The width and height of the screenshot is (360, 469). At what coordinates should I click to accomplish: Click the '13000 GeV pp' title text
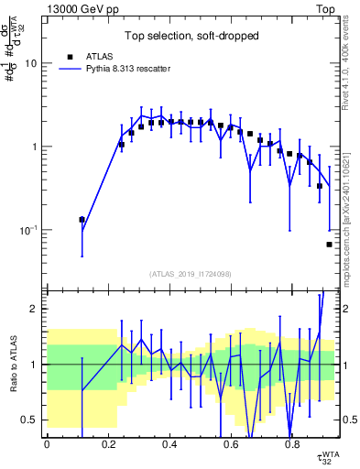tap(83, 7)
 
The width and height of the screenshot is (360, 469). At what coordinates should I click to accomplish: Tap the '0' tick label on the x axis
tap(47, 443)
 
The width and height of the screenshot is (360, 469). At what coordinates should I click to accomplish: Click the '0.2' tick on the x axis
tap(107, 443)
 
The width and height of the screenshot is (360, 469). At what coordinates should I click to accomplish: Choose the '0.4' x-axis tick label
tap(169, 443)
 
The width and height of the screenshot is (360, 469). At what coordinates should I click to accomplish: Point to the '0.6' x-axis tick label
tap(230, 443)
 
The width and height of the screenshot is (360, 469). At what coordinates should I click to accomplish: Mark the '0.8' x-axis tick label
tap(291, 443)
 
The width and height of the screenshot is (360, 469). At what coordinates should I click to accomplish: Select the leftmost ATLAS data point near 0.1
tap(82, 220)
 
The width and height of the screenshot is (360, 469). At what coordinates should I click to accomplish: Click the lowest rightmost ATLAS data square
tap(329, 245)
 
